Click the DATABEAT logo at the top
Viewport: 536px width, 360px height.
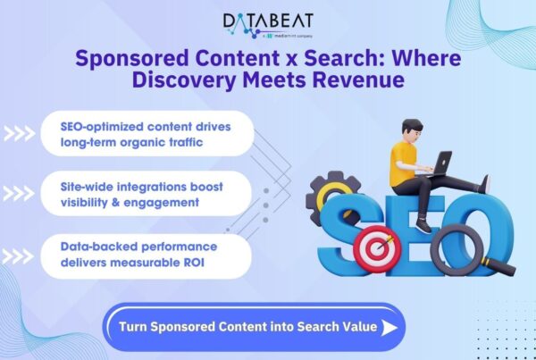[267, 23]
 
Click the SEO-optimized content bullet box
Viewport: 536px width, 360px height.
[146, 134]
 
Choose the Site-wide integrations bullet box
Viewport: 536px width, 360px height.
[146, 194]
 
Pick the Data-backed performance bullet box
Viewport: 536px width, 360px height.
[146, 254]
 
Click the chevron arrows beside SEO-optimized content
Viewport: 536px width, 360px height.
[18, 135]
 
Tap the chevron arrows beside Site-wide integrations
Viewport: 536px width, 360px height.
[18, 195]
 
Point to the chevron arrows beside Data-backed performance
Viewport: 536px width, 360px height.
[18, 255]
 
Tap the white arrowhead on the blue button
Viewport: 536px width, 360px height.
[389, 327]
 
